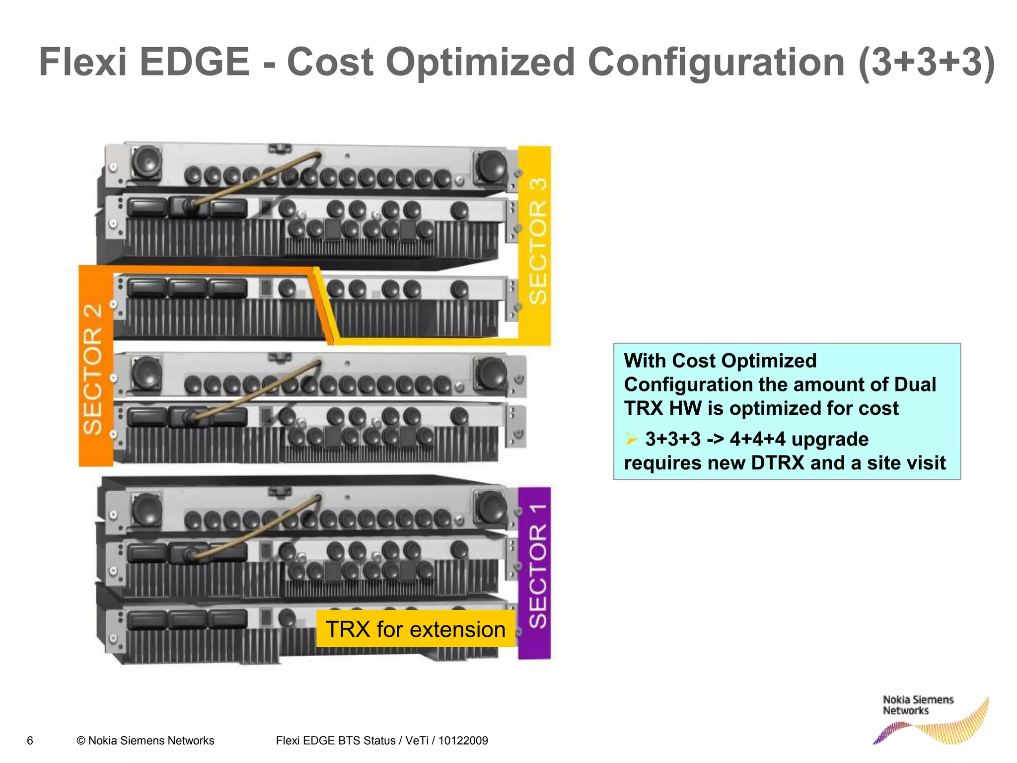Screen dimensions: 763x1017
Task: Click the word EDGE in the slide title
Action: (194, 62)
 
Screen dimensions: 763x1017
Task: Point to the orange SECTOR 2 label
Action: (93, 370)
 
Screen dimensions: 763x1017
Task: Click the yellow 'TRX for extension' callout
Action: (416, 629)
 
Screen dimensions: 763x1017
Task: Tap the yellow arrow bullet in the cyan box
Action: (631, 439)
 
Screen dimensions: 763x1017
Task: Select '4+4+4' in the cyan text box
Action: (757, 439)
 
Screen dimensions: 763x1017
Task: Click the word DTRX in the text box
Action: (777, 463)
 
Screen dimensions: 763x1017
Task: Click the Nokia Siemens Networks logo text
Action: (918, 705)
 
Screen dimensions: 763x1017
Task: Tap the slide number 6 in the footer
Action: (30, 741)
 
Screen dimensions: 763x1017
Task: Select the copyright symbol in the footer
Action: (81, 741)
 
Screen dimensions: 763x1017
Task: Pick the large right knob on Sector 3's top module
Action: (491, 165)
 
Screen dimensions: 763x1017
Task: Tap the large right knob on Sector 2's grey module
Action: (491, 372)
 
